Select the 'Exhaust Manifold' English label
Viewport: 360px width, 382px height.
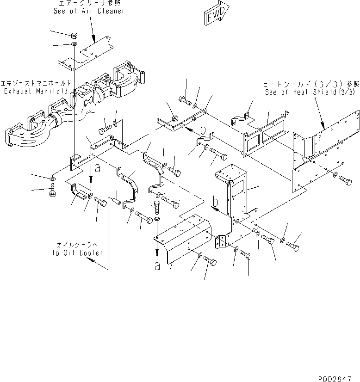tap(36, 91)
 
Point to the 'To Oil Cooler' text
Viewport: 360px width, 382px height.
tap(77, 253)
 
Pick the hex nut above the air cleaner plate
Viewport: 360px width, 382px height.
tap(74, 35)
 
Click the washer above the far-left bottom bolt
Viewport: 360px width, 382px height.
tap(52, 178)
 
